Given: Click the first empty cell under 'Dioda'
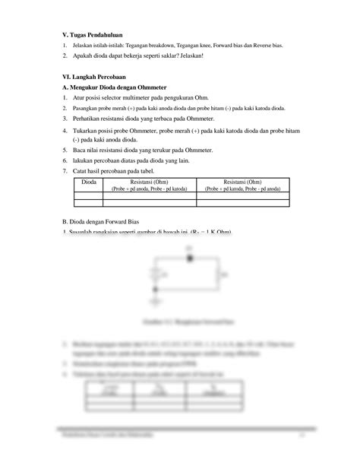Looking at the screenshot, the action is [89, 195].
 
